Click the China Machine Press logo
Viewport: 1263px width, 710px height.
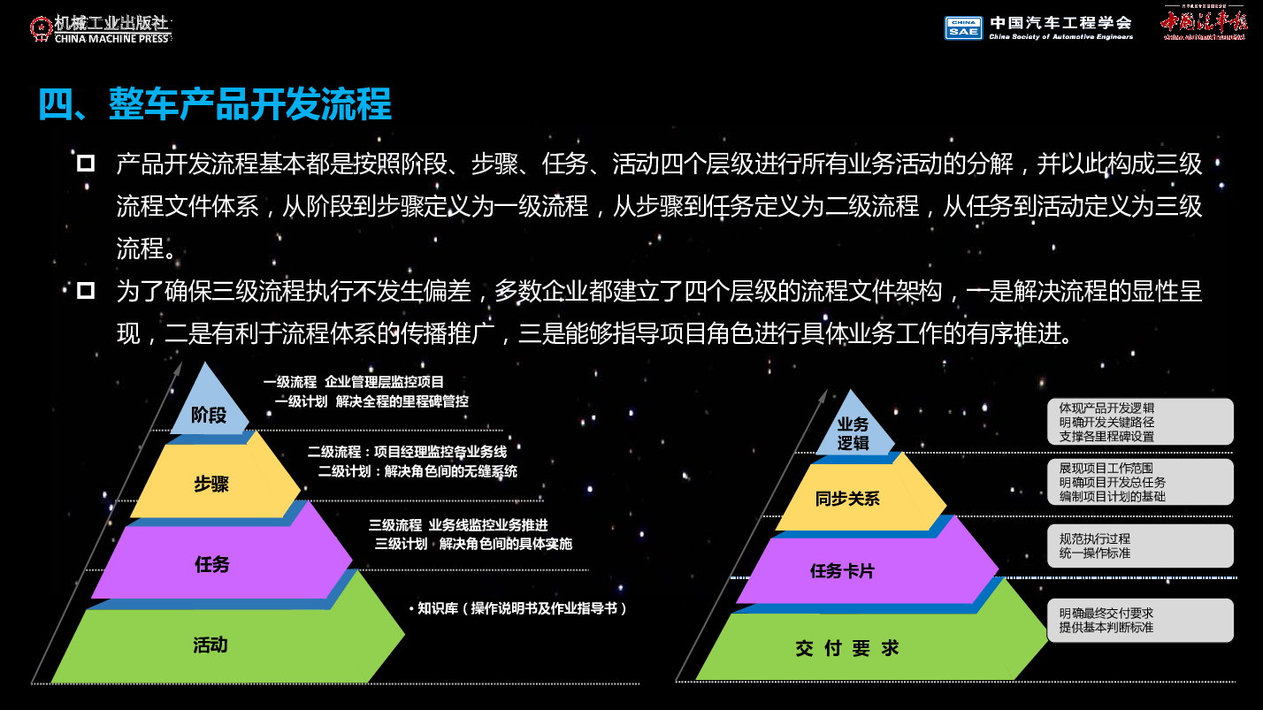[x=101, y=29]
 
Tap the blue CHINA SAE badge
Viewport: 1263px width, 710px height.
[x=963, y=27]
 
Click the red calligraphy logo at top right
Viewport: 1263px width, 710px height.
[x=1204, y=24]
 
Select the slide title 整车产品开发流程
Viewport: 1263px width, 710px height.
[x=249, y=104]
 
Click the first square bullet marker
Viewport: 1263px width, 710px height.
[x=86, y=164]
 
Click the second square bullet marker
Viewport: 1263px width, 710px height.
[x=86, y=291]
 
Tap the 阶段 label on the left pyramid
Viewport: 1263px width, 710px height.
[x=209, y=416]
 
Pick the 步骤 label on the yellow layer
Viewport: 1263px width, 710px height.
[x=211, y=484]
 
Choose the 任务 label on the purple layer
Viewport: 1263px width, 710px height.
[x=212, y=564]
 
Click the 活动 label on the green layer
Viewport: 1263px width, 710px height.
[x=210, y=645]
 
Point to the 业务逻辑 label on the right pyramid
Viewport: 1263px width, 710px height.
[x=853, y=433]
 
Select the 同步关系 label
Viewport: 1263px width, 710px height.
[x=847, y=499]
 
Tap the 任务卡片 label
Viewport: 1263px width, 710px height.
[x=842, y=571]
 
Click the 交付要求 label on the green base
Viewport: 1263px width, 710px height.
[x=847, y=649]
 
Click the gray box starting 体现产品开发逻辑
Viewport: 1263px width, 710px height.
[x=1140, y=422]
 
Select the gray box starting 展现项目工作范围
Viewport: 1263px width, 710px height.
[x=1140, y=482]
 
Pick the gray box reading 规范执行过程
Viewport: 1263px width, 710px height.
[x=1140, y=546]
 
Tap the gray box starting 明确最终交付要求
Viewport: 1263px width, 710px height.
[x=1140, y=621]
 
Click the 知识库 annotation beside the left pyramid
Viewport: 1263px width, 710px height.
[x=518, y=608]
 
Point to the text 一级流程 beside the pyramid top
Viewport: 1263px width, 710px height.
[x=290, y=382]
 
